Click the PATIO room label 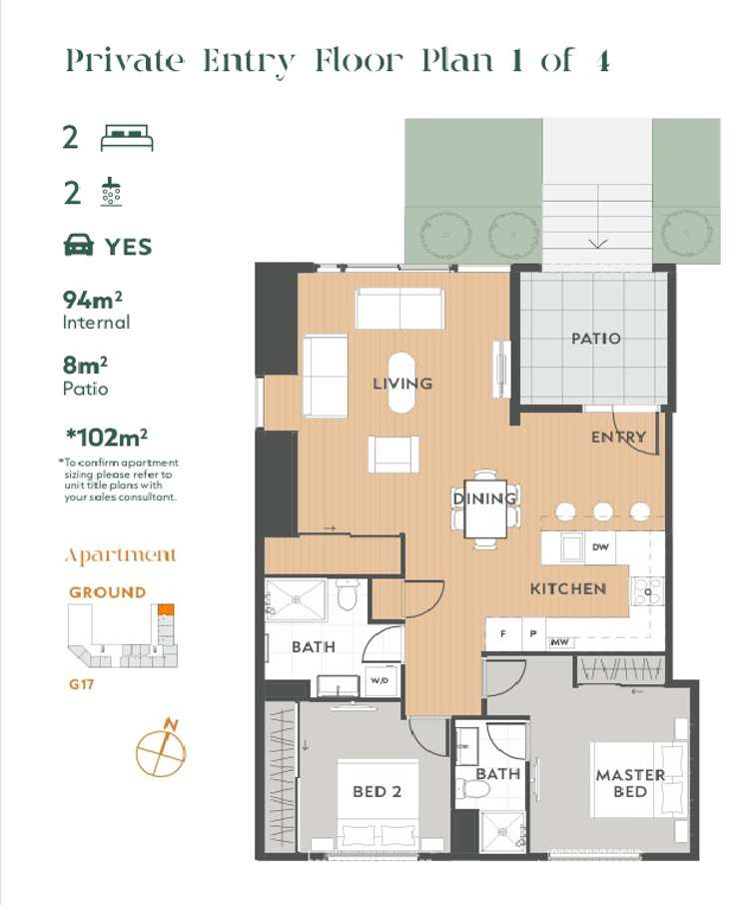coord(595,339)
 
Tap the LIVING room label coord(402,383)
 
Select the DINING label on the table coord(485,497)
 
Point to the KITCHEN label coord(567,588)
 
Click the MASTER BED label coord(630,783)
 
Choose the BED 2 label coord(376,791)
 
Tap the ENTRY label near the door coord(618,437)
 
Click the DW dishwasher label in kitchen coord(600,547)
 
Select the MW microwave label coord(559,642)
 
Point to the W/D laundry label coord(380,681)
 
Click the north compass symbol coord(161,748)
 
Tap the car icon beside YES coord(79,246)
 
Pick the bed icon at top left coord(127,138)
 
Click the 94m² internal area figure coord(86,299)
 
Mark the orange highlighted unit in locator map coord(167,608)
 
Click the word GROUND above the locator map coord(107,591)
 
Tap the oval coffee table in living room coord(402,383)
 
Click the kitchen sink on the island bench coord(571,548)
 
